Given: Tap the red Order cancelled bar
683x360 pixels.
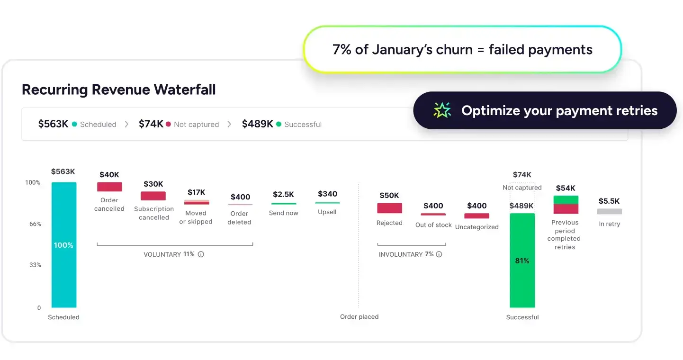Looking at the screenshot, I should [109, 187].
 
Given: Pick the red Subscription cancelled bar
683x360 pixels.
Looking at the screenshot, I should [153, 196].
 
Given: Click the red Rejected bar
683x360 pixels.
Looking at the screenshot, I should [389, 208].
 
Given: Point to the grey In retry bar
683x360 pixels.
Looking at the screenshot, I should [609, 211].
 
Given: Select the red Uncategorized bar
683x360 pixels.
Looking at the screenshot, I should [476, 216].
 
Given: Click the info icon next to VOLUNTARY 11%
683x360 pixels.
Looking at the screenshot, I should [201, 254].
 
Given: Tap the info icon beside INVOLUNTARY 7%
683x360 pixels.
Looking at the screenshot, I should [439, 254].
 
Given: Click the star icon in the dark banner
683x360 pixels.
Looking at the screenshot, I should [442, 110].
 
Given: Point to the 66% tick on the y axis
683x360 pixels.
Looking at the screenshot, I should [35, 224].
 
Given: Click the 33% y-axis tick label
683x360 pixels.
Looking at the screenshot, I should [35, 265].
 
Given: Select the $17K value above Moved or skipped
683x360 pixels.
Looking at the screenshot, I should [196, 192].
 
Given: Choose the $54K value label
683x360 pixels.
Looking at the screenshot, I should [565, 188].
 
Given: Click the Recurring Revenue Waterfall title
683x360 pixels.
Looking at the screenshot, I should [118, 90].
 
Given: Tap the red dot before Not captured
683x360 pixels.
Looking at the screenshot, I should [168, 124].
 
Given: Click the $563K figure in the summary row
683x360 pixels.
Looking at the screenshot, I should [53, 124].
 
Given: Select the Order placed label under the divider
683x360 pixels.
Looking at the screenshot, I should [359, 317].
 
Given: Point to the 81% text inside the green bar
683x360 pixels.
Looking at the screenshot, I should [522, 261].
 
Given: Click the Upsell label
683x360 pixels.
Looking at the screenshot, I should [327, 212].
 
